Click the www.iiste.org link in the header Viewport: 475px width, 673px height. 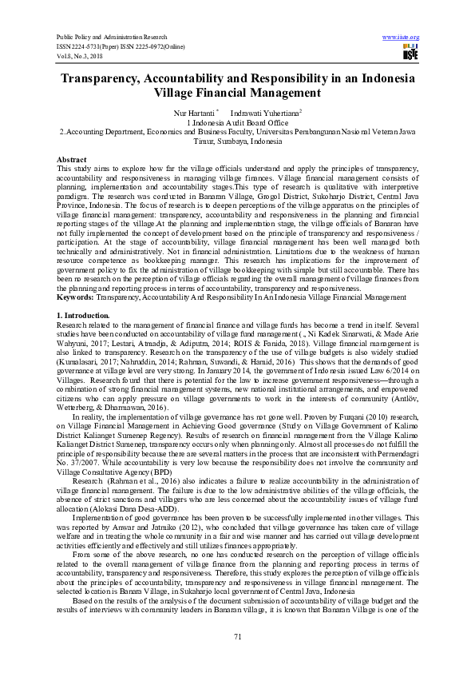401,38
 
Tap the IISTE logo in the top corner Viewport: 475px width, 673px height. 410,54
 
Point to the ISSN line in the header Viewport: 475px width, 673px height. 120,46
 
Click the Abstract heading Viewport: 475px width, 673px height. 72,161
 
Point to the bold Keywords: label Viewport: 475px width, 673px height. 76,296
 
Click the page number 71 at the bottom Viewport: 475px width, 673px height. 237,635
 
